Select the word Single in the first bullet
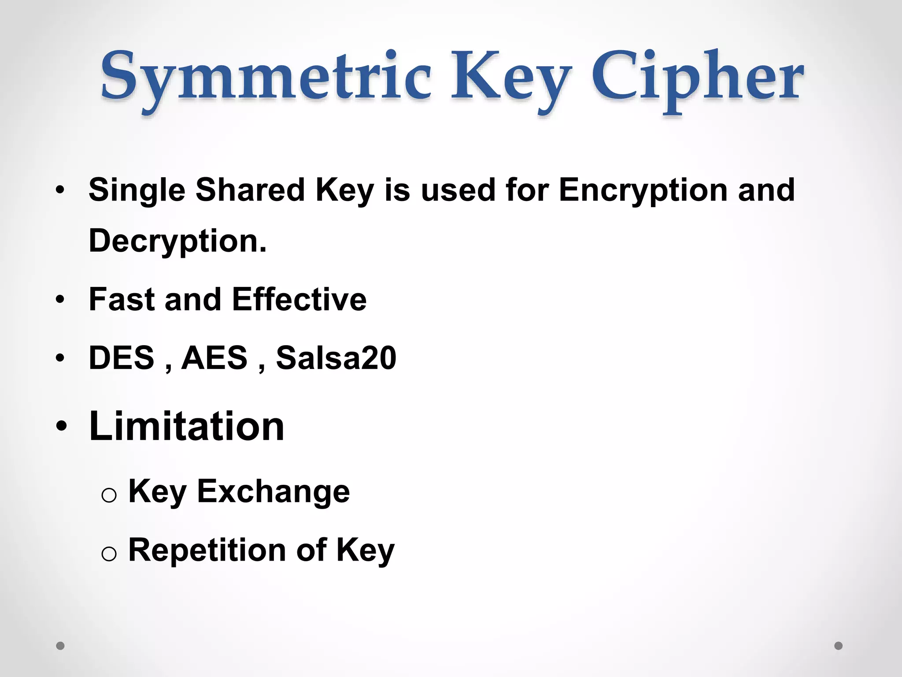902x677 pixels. pos(137,191)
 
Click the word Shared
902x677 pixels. pos(250,190)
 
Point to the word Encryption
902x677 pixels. pos(643,191)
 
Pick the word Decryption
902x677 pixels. pos(177,242)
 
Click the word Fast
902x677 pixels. pos(122,299)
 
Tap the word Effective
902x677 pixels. pos(299,299)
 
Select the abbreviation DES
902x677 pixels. pos(122,357)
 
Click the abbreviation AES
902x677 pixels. pos(214,357)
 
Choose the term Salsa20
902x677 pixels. pos(336,357)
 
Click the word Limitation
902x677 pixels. pos(187,426)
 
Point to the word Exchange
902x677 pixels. pos(274,491)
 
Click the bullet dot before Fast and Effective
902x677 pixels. pos(60,300)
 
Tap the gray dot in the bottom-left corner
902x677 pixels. pos(60,646)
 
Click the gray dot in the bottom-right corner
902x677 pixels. pos(839,646)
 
